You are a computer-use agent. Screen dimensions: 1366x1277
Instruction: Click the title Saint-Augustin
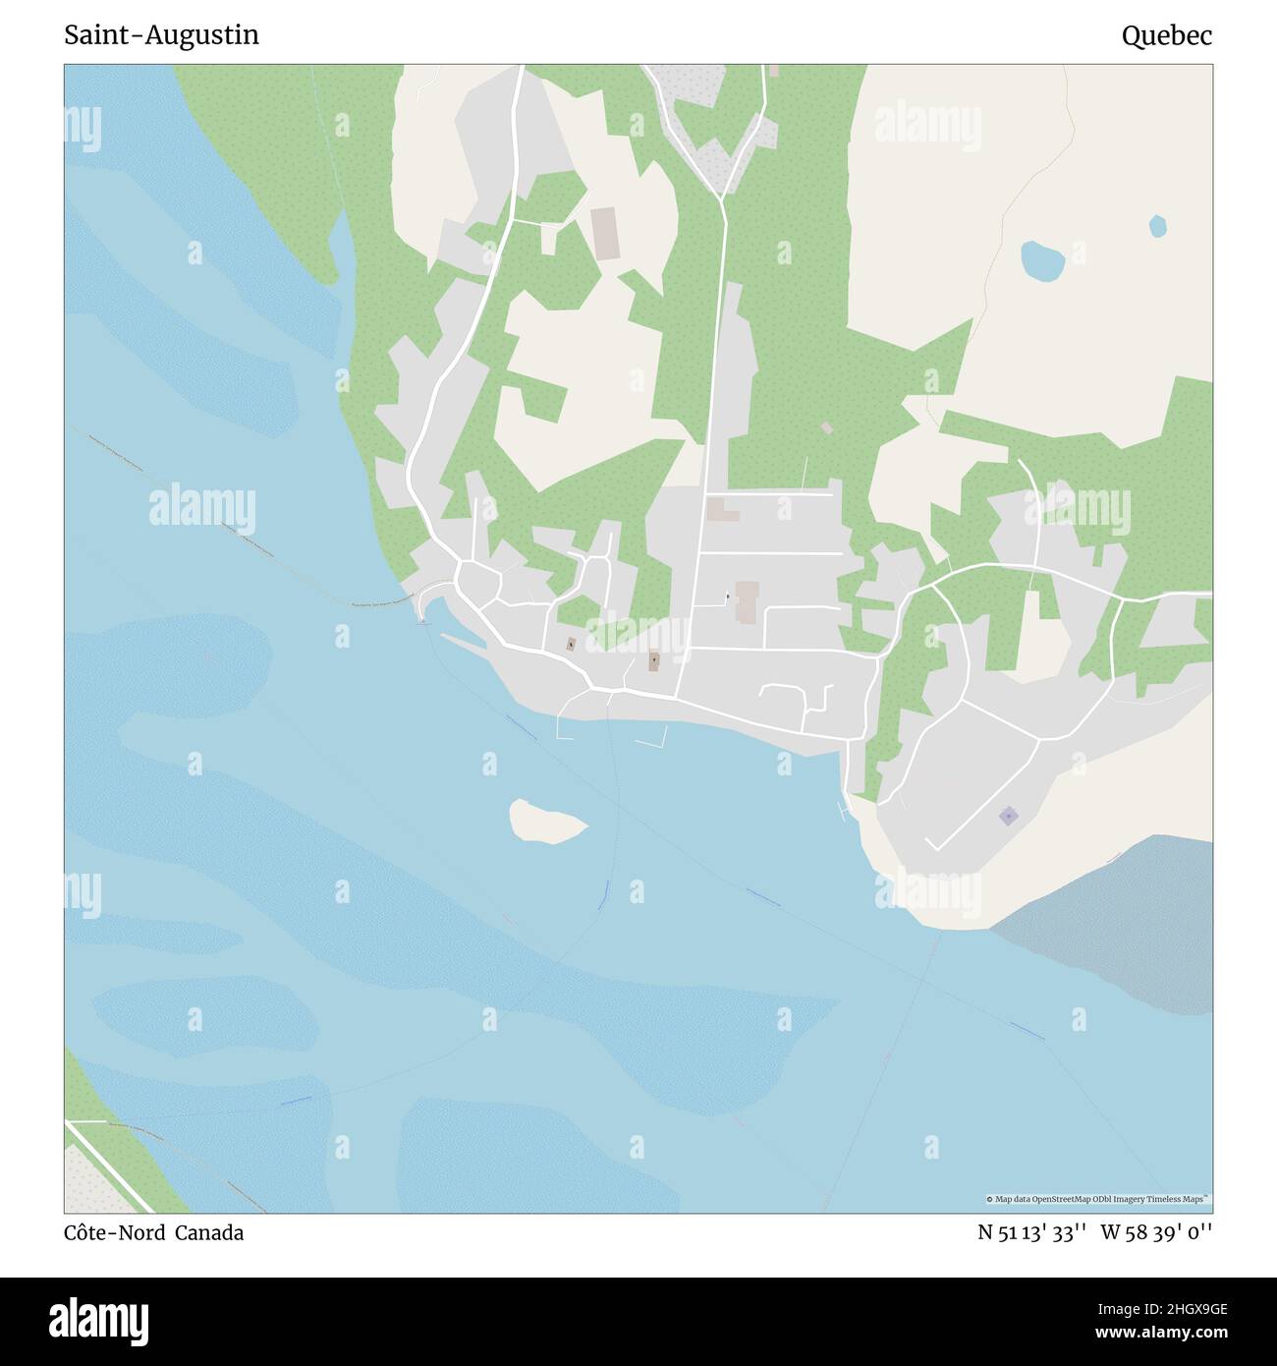(161, 35)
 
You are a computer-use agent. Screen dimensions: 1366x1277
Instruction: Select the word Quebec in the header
(1166, 36)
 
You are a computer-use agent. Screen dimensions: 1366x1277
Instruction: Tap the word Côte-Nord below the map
(114, 1232)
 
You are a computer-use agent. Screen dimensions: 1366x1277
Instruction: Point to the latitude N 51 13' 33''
(1031, 1232)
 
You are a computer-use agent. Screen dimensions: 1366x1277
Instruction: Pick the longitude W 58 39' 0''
(1156, 1232)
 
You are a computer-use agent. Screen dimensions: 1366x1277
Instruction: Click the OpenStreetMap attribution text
(1098, 1199)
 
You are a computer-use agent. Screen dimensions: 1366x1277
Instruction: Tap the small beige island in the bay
(545, 821)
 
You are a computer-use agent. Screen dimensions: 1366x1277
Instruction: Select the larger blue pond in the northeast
(1042, 260)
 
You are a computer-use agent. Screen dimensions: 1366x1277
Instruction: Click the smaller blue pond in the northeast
(1158, 226)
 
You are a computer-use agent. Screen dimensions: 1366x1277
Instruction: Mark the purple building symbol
(1008, 816)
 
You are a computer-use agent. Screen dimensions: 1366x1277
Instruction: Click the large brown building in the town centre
(747, 601)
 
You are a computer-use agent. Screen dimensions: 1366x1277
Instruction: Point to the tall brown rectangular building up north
(604, 233)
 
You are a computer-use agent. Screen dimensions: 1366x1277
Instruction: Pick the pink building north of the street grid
(722, 510)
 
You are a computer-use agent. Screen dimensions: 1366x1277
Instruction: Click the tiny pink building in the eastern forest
(827, 428)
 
